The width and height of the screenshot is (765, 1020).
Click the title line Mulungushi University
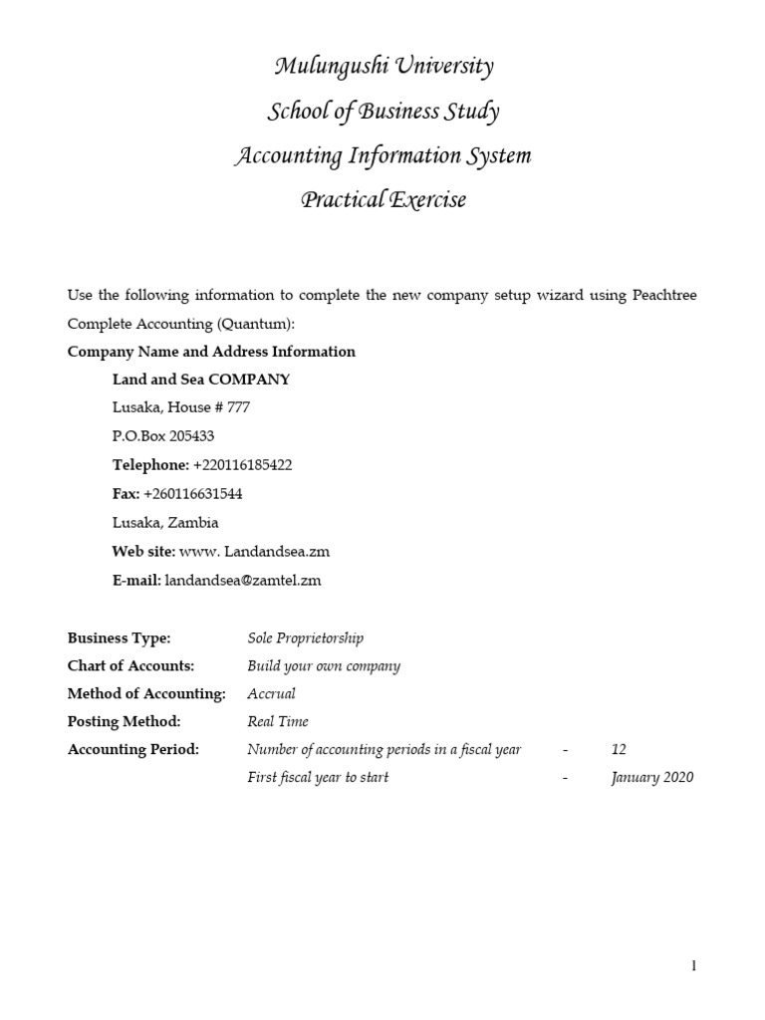pos(383,68)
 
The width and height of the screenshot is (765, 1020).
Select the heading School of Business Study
pos(383,112)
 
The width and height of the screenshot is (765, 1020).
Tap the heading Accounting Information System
pos(383,156)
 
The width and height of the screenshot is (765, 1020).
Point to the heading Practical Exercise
pos(383,200)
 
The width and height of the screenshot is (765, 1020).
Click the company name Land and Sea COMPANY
pos(201,380)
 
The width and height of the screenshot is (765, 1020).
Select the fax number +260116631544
pos(193,494)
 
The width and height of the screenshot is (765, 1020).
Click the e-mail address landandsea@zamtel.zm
pos(242,581)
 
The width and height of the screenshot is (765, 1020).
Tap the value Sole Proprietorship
pos(305,638)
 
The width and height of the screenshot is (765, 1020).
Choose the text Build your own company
pos(324,666)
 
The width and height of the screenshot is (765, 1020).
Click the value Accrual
pos(271,694)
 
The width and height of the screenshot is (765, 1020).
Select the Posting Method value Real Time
pos(278,721)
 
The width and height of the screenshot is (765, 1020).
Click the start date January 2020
pos(652,777)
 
